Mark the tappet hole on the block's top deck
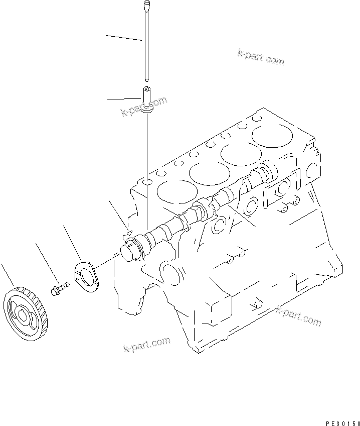146,181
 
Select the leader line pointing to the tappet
123,97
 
